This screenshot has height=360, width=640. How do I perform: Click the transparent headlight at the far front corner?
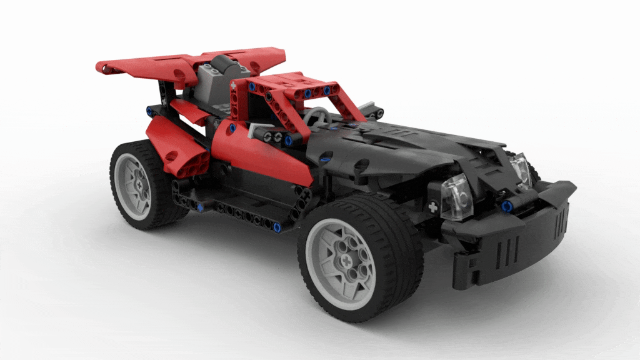point(520,170)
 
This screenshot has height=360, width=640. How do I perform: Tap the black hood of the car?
point(400,147)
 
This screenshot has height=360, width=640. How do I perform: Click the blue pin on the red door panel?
point(232,128)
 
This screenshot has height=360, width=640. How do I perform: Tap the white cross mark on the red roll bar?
point(234,84)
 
